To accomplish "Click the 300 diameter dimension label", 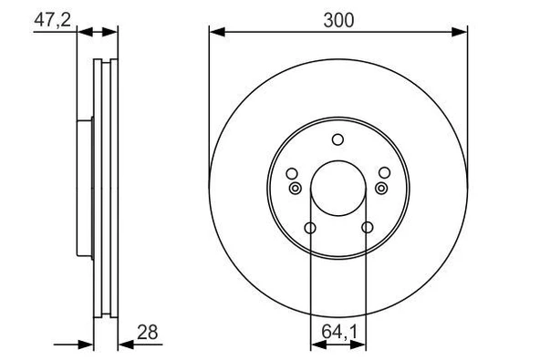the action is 338,20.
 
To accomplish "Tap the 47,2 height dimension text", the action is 52,19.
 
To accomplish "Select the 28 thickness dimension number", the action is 148,333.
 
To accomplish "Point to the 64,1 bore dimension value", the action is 339,332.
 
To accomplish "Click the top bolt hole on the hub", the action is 337,139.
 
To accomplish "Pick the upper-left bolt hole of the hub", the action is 292,173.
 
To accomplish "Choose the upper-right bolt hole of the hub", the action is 384,173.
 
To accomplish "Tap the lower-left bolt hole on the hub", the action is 310,228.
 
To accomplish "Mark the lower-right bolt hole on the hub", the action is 367,228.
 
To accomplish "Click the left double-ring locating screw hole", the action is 296,189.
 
